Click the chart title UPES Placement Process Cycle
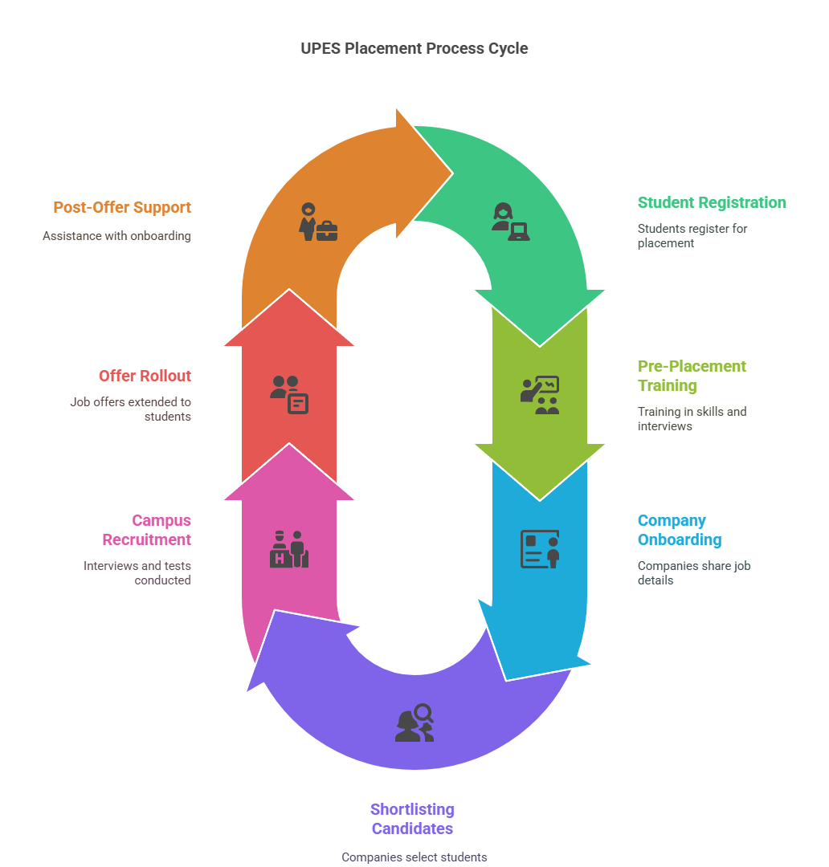coord(414,48)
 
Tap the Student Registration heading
coord(712,202)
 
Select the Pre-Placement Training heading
coord(692,376)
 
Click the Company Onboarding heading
coord(680,530)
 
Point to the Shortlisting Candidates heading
coord(412,819)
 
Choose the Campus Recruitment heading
coord(161,530)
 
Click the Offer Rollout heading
coord(145,376)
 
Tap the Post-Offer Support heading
coord(122,207)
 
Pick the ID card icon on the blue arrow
coord(540,549)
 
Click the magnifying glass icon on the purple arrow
coord(414,722)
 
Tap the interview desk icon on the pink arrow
coord(289,549)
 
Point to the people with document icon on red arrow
coord(289,394)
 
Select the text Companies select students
coord(414,857)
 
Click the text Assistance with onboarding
coord(116,236)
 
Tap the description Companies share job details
coord(693,572)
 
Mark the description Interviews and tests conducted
coord(137,572)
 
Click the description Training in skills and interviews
coord(692,418)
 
